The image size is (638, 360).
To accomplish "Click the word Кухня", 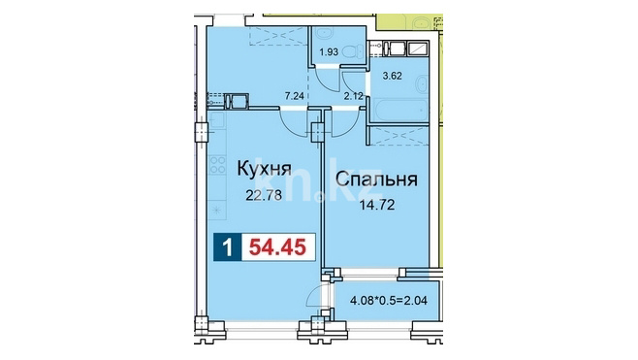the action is point(264,169).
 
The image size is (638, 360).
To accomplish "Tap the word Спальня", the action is point(377,180).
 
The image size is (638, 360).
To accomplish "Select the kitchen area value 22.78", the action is point(264,196).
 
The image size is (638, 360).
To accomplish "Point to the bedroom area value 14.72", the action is point(377,205).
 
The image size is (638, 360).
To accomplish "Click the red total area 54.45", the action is point(277,246).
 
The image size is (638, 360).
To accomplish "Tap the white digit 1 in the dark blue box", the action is point(228,246).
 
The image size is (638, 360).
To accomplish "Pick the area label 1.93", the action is point(329,52).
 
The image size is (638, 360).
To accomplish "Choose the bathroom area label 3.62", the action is point(393,76).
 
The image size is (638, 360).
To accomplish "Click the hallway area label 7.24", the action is point(295,96).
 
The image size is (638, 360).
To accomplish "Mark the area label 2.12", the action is point(353,96).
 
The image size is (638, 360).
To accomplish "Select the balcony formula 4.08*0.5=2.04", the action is point(389,302).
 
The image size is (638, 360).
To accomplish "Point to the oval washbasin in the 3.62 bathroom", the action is point(421,85).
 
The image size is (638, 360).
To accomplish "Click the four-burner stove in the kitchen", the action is point(217,164).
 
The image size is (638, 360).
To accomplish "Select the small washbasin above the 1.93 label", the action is point(323,33).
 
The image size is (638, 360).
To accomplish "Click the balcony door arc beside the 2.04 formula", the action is point(314,294).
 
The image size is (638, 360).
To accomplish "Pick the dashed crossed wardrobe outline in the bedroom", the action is point(400,136).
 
